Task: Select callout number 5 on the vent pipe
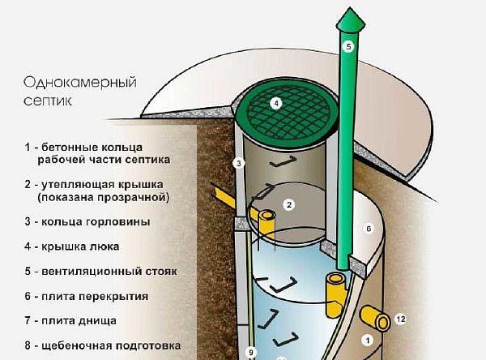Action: click(x=348, y=47)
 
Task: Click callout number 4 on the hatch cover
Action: click(x=275, y=104)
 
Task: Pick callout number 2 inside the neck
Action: click(x=288, y=204)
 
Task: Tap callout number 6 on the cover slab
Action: click(x=367, y=229)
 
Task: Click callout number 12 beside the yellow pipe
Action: click(x=399, y=319)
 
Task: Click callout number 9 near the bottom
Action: click(x=250, y=352)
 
